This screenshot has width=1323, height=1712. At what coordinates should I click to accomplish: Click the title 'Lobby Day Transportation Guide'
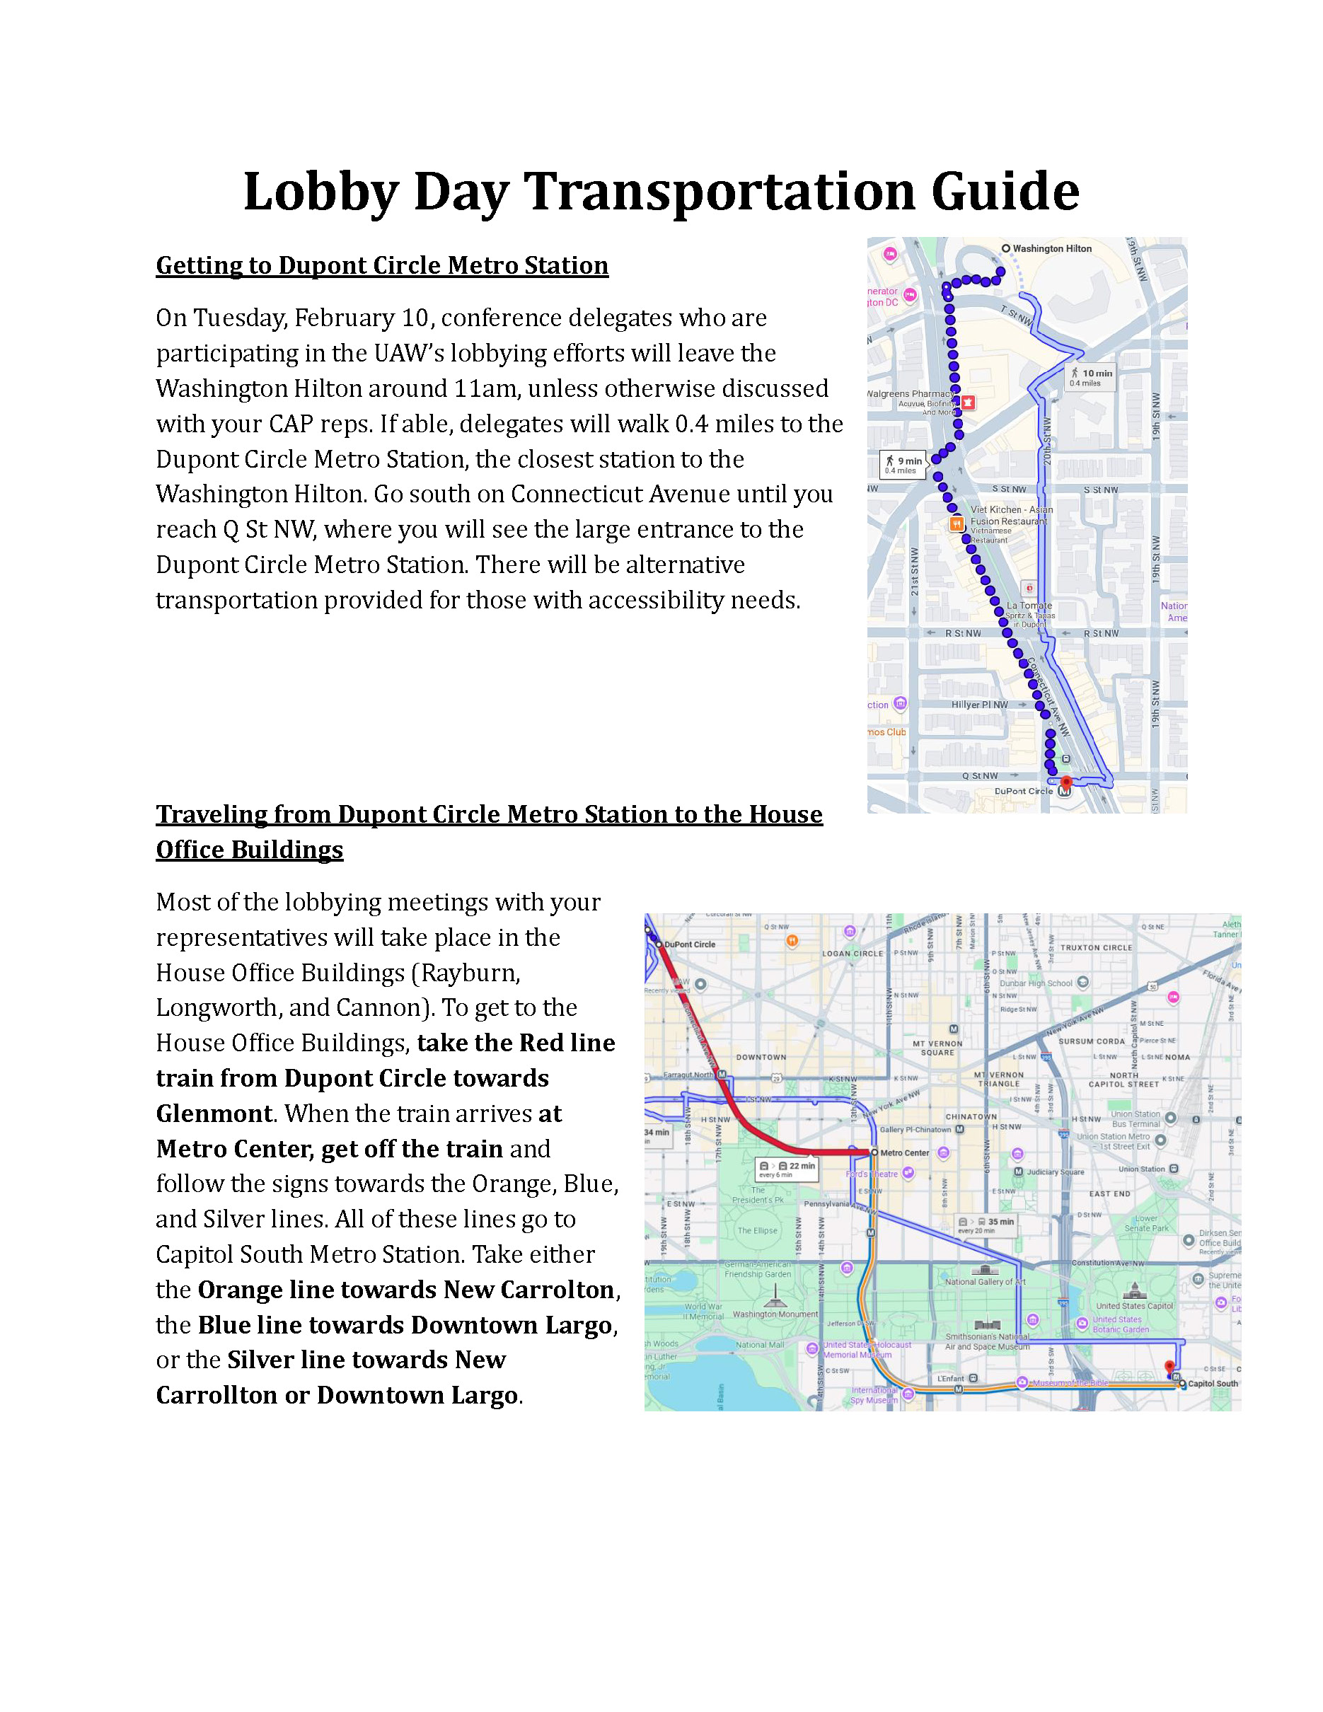(661, 191)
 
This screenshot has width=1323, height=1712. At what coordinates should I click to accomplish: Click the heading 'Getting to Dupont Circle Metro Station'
(382, 266)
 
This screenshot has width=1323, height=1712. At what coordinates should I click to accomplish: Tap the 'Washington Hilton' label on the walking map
(1051, 248)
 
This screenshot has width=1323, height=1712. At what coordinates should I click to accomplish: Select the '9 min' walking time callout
(903, 465)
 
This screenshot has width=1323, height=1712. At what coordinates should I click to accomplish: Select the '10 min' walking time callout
(1090, 377)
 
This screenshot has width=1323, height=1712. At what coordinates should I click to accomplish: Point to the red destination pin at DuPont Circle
(1065, 782)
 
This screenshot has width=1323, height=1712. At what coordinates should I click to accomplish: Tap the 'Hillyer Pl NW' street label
(979, 705)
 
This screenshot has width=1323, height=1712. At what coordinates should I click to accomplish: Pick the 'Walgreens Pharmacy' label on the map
(910, 394)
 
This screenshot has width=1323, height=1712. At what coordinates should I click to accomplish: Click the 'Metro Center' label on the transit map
(903, 1153)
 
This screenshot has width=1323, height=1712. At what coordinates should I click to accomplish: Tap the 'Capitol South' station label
(1212, 1384)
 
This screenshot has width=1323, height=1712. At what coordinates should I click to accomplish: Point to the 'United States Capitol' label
(1134, 1306)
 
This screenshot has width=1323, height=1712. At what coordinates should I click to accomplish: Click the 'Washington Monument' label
(775, 1314)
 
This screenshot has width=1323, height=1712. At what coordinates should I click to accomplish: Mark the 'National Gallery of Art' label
(984, 1282)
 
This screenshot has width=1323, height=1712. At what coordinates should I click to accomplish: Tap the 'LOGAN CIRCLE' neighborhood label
(852, 954)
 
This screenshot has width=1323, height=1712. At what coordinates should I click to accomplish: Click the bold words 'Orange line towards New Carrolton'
(405, 1290)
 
